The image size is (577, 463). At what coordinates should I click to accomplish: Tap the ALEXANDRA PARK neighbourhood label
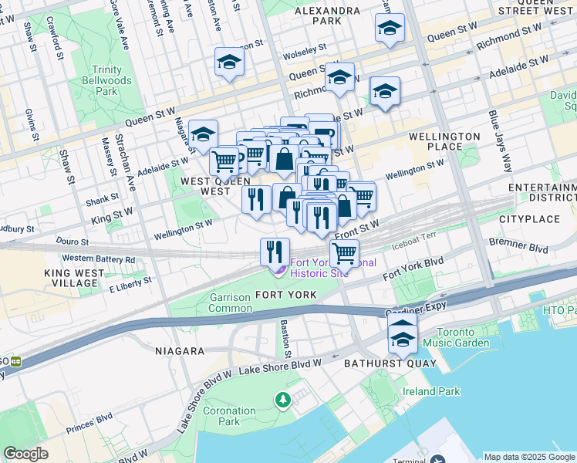pos(327,16)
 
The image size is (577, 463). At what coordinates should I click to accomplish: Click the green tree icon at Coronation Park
pos(283,399)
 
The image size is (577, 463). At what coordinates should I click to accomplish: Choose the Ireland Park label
pos(434,391)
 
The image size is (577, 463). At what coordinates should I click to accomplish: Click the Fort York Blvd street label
pos(413,269)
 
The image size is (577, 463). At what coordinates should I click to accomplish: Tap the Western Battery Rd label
pos(98,259)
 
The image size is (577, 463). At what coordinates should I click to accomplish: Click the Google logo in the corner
pos(25,454)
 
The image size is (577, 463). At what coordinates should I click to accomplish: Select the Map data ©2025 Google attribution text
pos(528,457)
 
